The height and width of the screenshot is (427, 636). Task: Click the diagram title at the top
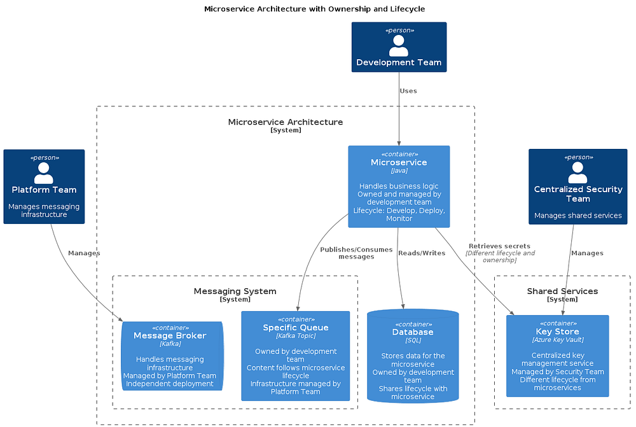click(x=314, y=9)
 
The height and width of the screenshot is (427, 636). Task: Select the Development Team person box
click(x=399, y=48)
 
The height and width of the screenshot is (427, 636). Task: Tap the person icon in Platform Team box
click(x=43, y=172)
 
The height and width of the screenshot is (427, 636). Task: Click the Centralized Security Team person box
click(x=577, y=187)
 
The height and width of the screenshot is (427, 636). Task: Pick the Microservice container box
click(x=399, y=186)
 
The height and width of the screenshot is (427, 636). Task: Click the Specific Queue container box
click(x=295, y=356)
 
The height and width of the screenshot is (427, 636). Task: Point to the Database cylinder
click(x=413, y=356)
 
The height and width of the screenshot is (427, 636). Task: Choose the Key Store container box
click(x=557, y=356)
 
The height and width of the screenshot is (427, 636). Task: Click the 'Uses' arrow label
click(x=408, y=91)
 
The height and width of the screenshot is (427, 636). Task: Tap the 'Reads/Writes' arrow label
click(x=422, y=253)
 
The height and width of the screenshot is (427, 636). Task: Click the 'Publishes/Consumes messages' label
click(x=356, y=253)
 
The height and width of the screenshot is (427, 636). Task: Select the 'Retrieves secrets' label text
click(x=499, y=246)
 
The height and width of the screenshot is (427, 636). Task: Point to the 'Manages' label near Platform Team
click(x=84, y=253)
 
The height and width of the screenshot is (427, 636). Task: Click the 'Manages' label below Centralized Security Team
click(x=587, y=253)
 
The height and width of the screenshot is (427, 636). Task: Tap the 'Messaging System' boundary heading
click(x=235, y=291)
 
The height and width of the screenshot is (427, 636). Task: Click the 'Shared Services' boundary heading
click(x=562, y=291)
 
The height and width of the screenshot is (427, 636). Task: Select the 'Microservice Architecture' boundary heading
click(x=285, y=122)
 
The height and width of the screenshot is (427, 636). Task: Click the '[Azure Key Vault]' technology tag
click(x=557, y=340)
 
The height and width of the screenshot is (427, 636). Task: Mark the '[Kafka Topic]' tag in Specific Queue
click(x=295, y=336)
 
